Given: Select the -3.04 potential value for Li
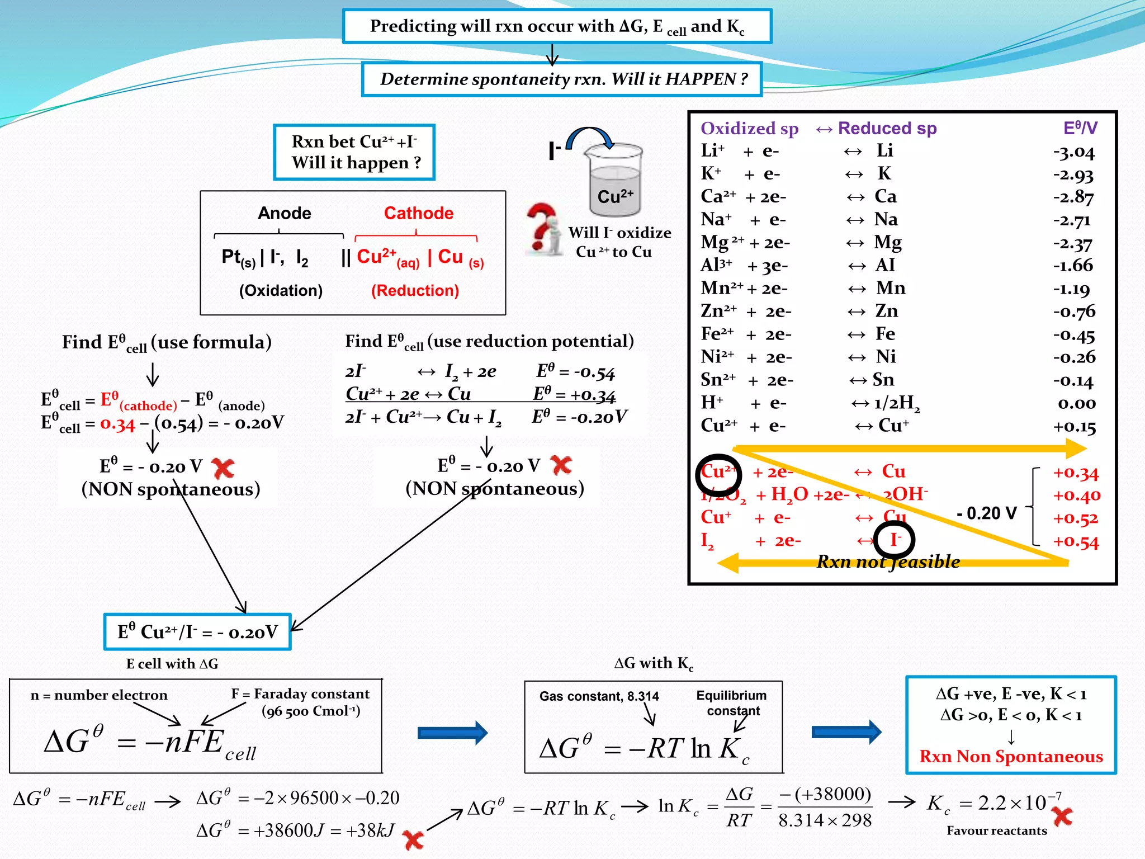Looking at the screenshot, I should pyautogui.click(x=1074, y=152).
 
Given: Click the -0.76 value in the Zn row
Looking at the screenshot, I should pyautogui.click(x=1074, y=311).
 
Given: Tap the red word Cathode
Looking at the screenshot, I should pyautogui.click(x=419, y=213).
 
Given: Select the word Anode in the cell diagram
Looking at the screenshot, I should pyautogui.click(x=285, y=213).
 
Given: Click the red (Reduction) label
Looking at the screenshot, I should pyautogui.click(x=415, y=291).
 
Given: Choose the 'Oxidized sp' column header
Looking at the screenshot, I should pyautogui.click(x=749, y=129).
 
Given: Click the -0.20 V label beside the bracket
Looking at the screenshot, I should pyautogui.click(x=986, y=513).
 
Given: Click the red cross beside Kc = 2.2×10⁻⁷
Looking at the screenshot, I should pyautogui.click(x=1062, y=817).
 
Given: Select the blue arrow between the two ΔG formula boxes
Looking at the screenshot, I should pyautogui.click(x=452, y=733).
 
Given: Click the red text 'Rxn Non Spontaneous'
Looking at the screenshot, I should pyautogui.click(x=1011, y=757).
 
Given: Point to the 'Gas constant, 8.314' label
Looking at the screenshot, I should pyautogui.click(x=599, y=696).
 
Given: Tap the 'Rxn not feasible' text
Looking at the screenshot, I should pyautogui.click(x=888, y=561).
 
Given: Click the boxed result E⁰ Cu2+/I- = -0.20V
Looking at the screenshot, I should pyautogui.click(x=197, y=632).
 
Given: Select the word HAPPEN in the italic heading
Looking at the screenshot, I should pyautogui.click(x=700, y=79).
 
